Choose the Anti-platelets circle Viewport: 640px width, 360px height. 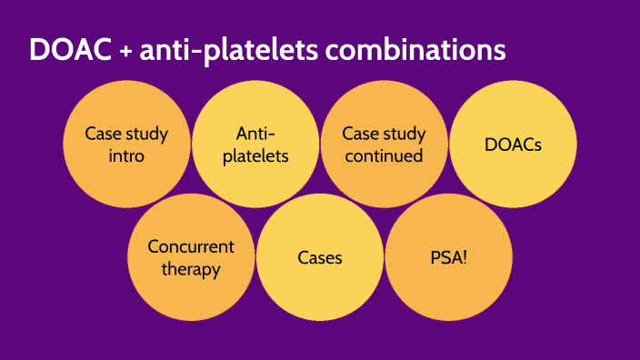pos(255,145)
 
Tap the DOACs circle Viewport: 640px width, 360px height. pos(514,145)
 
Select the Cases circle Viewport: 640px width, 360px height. pos(320,257)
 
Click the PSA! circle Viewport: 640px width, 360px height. pos(449,257)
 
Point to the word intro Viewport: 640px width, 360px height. pos(126,155)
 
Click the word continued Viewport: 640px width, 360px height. pos(384,155)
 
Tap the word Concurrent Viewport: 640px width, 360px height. pos(191,246)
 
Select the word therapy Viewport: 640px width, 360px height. pos(191,269)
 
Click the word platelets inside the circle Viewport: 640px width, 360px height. pos(255,155)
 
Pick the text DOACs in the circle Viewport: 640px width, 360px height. pos(514,145)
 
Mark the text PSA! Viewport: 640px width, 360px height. pos(449,257)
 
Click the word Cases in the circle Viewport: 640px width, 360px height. pos(320,257)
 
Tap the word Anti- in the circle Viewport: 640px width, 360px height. pos(255,134)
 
